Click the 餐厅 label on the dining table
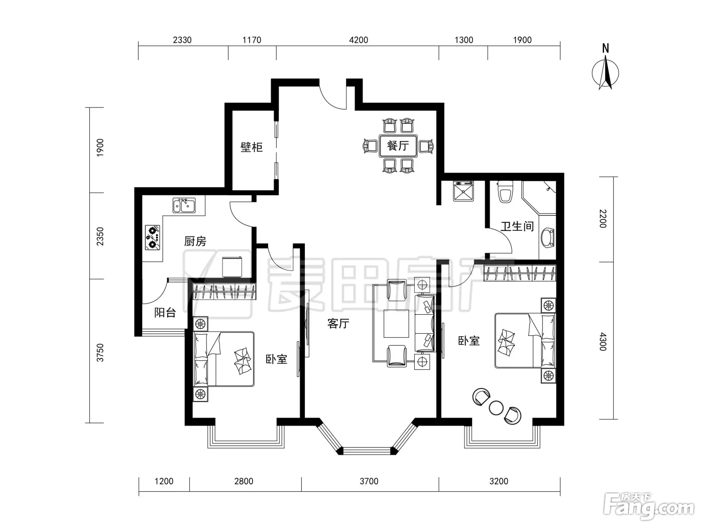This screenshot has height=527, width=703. pos(398,146)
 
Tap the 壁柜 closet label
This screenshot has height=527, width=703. pos(252,147)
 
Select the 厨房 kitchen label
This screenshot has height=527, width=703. pos(195,241)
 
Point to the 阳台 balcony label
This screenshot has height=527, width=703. pos(165,313)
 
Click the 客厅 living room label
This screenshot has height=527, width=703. pos(338,324)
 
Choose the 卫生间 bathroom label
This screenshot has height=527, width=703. pos(517,226)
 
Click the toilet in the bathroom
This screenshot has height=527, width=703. pos(506,192)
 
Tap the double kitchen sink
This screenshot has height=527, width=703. pos(184,205)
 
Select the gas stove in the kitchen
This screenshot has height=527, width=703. pos(153,237)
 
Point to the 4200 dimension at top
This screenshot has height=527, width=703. pos(359,40)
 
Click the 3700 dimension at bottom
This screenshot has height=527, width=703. pos(369,481)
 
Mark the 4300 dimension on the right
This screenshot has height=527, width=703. pos(603,342)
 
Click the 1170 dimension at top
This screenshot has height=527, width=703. pos(252,40)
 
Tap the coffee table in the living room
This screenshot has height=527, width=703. pos(397,324)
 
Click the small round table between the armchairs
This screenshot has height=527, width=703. pos(496,408)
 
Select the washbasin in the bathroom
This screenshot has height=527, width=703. pos(547,237)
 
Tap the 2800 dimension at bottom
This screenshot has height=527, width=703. pos(244,481)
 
